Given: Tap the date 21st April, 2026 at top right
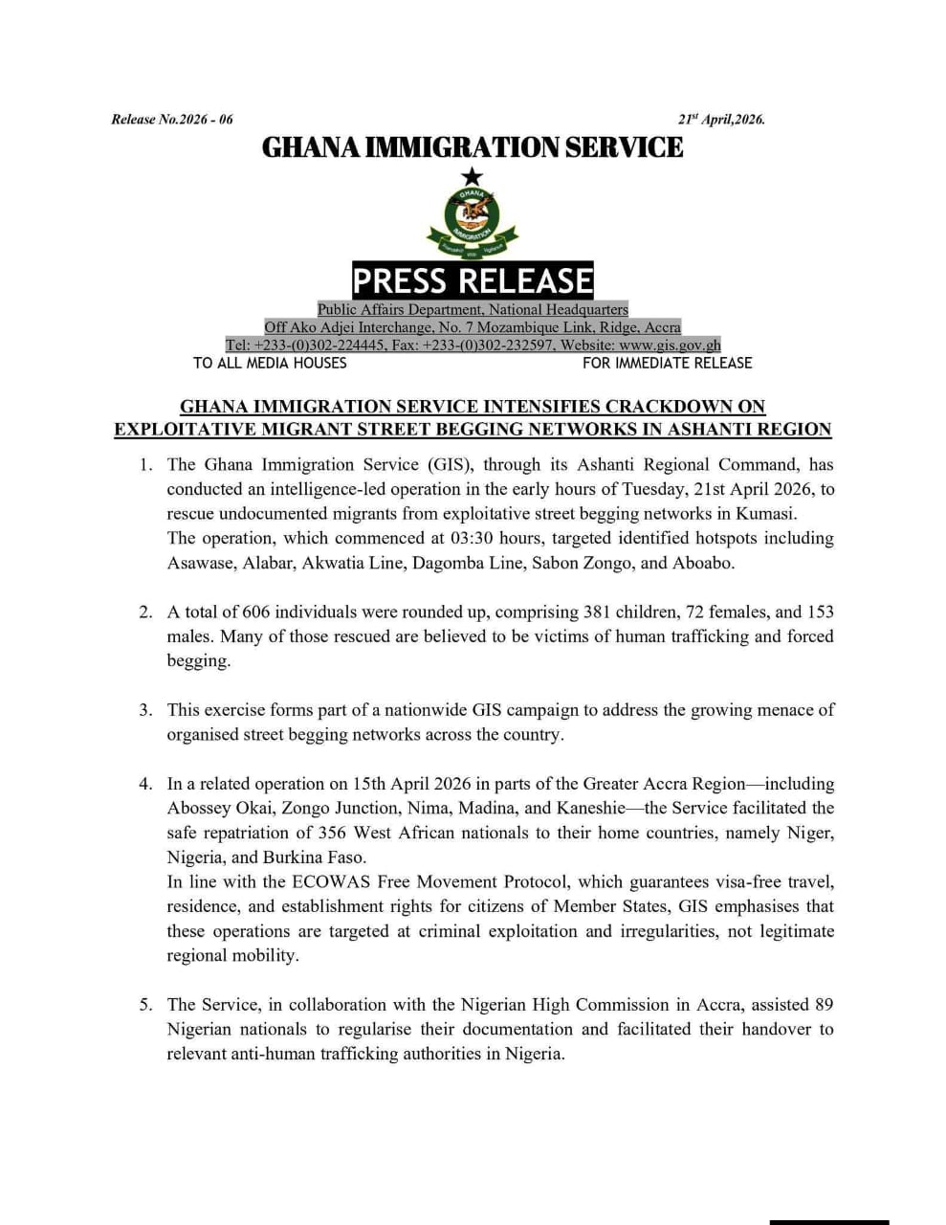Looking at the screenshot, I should (x=721, y=120).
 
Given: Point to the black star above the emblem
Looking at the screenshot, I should (x=472, y=176).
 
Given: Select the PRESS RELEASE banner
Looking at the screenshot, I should (x=473, y=280).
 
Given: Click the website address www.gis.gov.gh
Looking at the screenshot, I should (x=670, y=345).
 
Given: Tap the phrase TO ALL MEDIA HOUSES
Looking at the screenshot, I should (x=270, y=363).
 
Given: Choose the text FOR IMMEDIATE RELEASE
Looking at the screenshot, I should (x=667, y=363).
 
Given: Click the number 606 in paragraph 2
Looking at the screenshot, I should (x=257, y=612).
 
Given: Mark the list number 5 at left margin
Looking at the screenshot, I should (x=145, y=1005).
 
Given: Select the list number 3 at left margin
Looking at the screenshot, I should (x=145, y=710).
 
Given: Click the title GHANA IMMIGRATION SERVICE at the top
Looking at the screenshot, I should (x=473, y=147).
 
